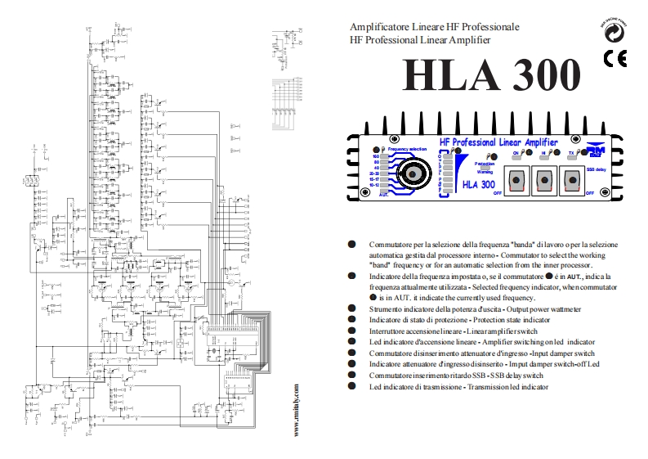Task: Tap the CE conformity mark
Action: pos(614,58)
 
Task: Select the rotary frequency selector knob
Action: pos(416,173)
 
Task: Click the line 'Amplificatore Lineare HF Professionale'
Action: pos(434,27)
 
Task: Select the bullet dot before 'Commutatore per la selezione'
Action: pos(352,245)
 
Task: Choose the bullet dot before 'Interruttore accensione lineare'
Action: pos(352,331)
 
